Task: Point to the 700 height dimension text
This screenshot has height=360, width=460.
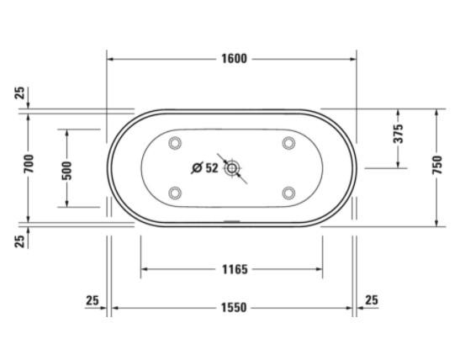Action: click(28, 166)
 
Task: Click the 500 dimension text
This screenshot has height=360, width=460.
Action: click(67, 170)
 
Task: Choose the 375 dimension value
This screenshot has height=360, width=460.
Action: click(399, 134)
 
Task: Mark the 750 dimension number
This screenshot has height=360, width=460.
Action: click(436, 167)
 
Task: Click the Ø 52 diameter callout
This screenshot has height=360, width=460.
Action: click(204, 167)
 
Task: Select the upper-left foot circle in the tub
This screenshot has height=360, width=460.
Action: click(175, 142)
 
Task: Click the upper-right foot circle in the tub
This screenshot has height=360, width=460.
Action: click(288, 142)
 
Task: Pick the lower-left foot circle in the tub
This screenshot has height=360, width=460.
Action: click(175, 193)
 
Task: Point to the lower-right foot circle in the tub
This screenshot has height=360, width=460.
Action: click(288, 193)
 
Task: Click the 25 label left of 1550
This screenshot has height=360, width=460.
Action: click(93, 300)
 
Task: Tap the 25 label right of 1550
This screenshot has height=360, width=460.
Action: click(372, 300)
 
